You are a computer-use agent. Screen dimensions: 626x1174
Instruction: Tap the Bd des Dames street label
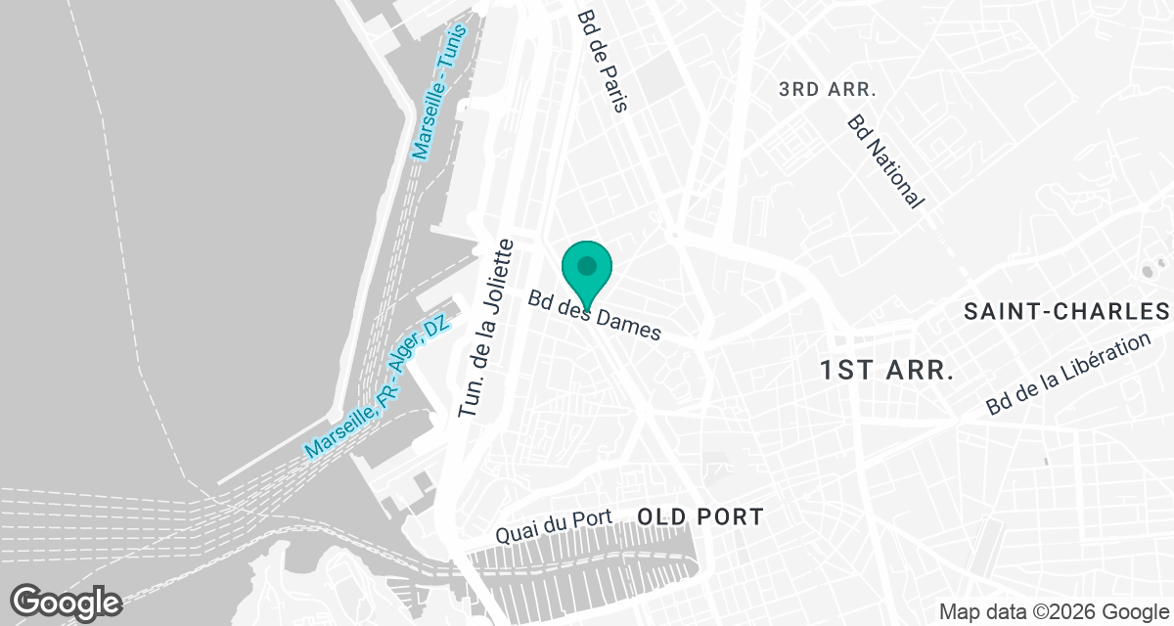[x=594, y=316]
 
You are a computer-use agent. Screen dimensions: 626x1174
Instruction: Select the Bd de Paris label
[x=601, y=61]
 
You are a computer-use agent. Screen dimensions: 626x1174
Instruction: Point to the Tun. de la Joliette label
[x=486, y=330]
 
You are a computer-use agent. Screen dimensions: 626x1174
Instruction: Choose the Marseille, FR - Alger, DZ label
[x=377, y=386]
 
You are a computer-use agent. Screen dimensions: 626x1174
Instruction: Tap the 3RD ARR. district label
[x=827, y=89]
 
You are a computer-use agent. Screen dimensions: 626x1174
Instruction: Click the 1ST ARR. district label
[x=886, y=371]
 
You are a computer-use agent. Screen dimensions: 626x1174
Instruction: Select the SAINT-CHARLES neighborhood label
[x=1066, y=312]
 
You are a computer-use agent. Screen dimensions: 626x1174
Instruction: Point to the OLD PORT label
[x=700, y=516]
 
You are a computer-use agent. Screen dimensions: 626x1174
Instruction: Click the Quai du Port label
[x=553, y=527]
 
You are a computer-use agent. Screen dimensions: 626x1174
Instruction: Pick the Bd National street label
[x=885, y=161]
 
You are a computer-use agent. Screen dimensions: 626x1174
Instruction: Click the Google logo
[x=67, y=601]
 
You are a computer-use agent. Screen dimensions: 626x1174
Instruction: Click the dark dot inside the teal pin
[x=586, y=265]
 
